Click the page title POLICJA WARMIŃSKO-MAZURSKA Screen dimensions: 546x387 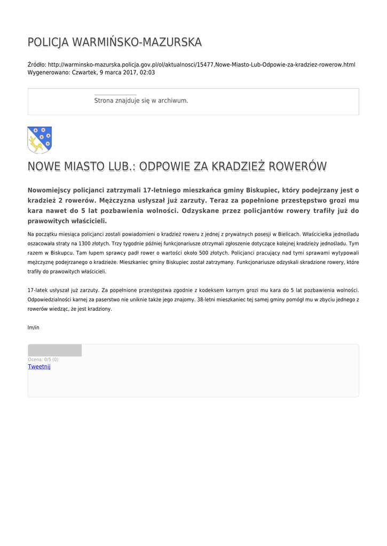(x=115, y=42)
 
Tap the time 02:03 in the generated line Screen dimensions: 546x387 (x=147, y=72)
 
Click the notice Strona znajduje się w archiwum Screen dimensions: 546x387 (x=141, y=100)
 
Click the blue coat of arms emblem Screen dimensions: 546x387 (x=40, y=140)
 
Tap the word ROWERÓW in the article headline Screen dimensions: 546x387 (x=297, y=166)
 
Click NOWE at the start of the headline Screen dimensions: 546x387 (x=44, y=166)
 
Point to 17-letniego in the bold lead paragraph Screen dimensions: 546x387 (x=162, y=190)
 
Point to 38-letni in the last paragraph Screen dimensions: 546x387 (x=207, y=300)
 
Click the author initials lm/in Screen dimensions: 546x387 (x=33, y=327)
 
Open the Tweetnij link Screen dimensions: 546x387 (x=39, y=367)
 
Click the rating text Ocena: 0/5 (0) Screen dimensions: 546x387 (x=43, y=359)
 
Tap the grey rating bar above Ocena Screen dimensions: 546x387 (x=54, y=350)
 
